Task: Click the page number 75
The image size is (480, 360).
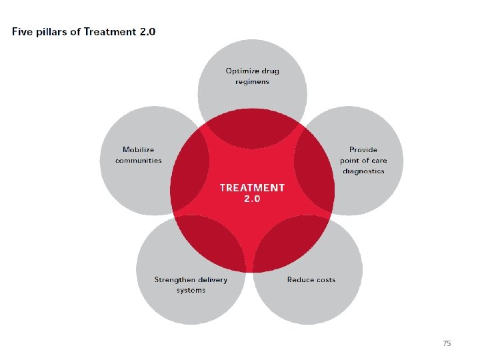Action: (x=447, y=343)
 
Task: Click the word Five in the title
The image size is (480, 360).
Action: (x=21, y=31)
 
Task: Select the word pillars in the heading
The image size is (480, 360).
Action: (x=51, y=31)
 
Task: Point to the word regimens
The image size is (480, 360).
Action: (x=253, y=81)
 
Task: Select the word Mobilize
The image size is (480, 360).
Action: (x=139, y=150)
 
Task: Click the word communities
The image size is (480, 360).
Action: (x=139, y=161)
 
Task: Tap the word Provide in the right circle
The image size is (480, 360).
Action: (x=363, y=150)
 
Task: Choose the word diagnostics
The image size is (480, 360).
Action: (x=364, y=171)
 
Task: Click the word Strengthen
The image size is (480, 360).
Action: (x=175, y=279)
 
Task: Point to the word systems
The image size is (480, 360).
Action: (x=191, y=290)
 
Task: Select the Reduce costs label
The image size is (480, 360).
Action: (x=311, y=279)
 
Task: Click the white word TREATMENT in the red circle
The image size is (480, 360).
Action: (x=252, y=188)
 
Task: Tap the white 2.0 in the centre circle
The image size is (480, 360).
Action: (x=252, y=199)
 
